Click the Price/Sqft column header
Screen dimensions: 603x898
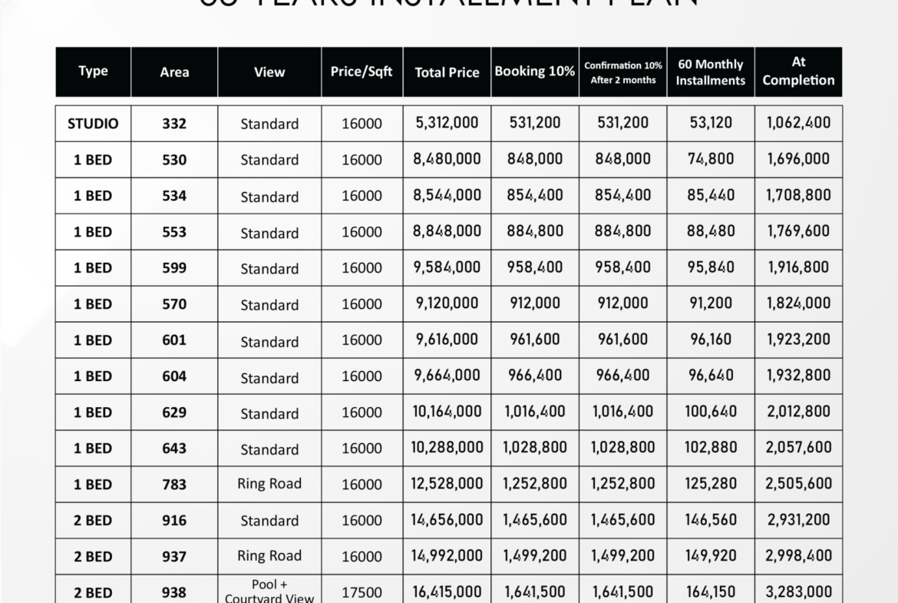362,71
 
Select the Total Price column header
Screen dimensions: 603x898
447,72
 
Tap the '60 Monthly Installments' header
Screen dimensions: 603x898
710,72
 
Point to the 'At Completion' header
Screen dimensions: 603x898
798,71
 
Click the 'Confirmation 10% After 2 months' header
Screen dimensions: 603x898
622,72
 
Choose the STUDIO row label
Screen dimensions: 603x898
93,123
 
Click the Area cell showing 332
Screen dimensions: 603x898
174,123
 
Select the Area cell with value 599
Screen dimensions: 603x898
174,268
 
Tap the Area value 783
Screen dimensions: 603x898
174,485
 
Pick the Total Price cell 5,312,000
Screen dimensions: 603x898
447,122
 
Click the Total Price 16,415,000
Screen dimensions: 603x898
447,591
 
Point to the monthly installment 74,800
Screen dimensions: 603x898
710,159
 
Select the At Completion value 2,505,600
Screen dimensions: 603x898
798,483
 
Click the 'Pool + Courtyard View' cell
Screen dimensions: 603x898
269,591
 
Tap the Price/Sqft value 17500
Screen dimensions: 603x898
362,592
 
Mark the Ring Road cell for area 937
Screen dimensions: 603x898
269,555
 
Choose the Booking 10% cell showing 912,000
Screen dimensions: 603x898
535,303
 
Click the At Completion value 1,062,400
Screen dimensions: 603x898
798,122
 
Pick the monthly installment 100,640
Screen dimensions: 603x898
710,412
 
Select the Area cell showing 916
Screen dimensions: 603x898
174,521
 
